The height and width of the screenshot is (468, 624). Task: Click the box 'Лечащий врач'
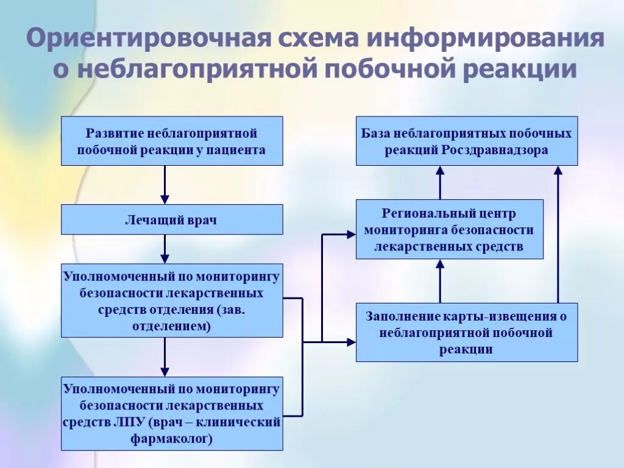(x=171, y=220)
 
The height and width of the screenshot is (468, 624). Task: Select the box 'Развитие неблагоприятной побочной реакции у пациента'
(x=171, y=141)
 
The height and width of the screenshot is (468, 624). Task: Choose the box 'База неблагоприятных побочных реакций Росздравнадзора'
(x=466, y=141)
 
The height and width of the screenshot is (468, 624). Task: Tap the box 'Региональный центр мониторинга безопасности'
(x=448, y=230)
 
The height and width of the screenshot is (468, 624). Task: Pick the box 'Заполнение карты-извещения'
(x=466, y=333)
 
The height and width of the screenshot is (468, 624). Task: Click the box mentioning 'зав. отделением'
(x=171, y=301)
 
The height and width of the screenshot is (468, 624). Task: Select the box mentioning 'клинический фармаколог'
(x=171, y=414)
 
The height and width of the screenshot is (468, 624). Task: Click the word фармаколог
(x=171, y=438)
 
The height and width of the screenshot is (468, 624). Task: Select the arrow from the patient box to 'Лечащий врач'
(x=165, y=185)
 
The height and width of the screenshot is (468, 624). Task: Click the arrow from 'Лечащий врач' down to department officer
(x=165, y=249)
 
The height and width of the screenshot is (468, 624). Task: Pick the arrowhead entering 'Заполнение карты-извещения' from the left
(x=351, y=342)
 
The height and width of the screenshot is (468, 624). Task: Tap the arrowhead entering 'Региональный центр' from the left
(x=351, y=234)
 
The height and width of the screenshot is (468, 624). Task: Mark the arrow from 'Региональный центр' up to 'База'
(x=440, y=182)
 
